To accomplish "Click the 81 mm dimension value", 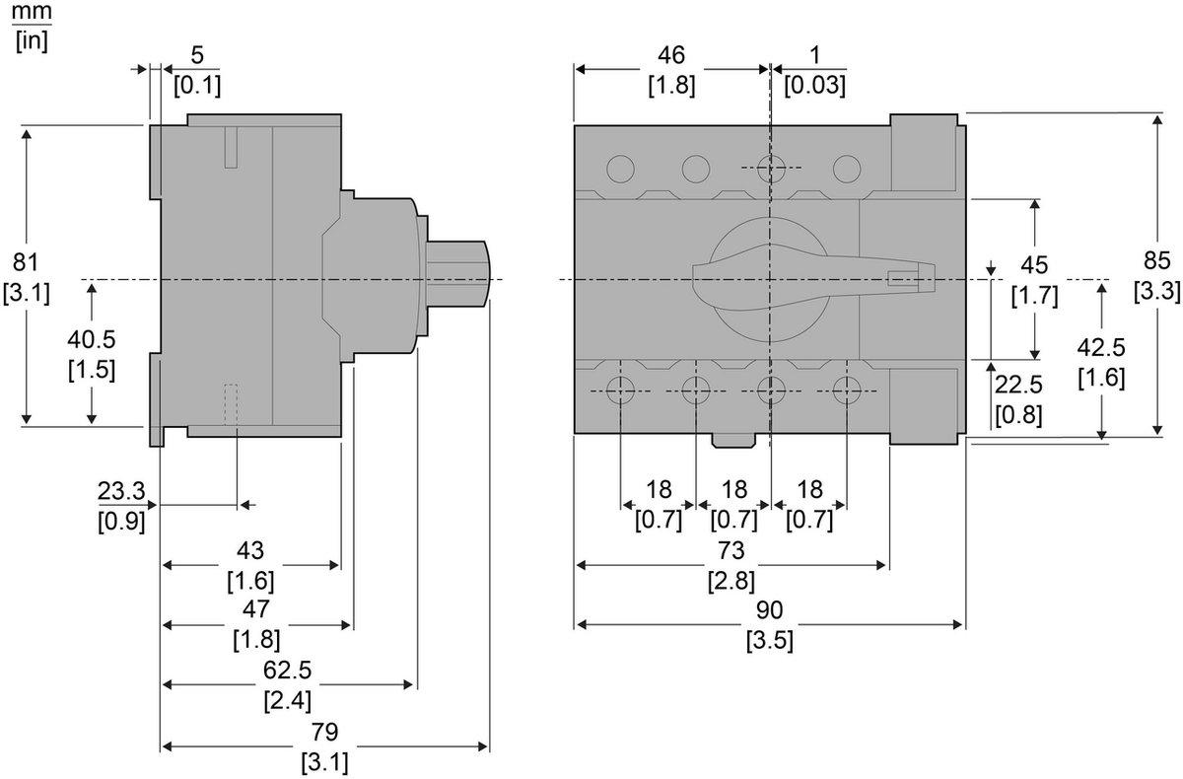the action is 27,262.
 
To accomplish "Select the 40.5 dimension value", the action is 92,340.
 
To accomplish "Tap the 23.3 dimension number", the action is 121,491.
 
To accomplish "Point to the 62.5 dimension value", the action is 288,671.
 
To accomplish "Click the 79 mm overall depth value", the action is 324,732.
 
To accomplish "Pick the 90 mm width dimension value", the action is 769,610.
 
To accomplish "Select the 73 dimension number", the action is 731,551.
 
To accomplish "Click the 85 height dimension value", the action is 1157,261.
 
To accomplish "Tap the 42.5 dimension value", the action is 1101,348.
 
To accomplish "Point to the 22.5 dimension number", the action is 1018,386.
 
